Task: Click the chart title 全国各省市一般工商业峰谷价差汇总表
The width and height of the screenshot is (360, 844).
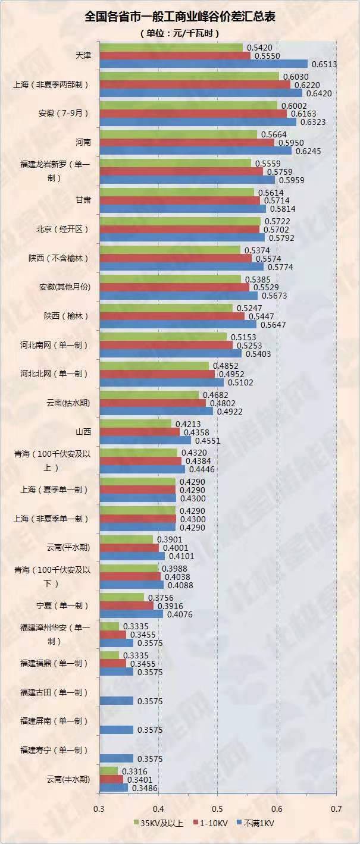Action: [180, 17]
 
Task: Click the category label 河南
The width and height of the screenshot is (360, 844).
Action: [83, 142]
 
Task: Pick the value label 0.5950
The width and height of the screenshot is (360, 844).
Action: [288, 143]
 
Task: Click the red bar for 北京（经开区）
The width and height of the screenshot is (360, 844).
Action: [180, 229]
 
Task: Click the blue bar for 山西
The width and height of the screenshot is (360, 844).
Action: [145, 440]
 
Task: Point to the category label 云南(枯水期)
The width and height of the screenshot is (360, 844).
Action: [68, 403]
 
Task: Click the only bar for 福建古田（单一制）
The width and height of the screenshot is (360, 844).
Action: [117, 701]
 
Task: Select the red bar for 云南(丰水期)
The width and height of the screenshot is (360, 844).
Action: [111, 779]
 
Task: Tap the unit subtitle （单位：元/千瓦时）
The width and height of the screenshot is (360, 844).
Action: [180, 33]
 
